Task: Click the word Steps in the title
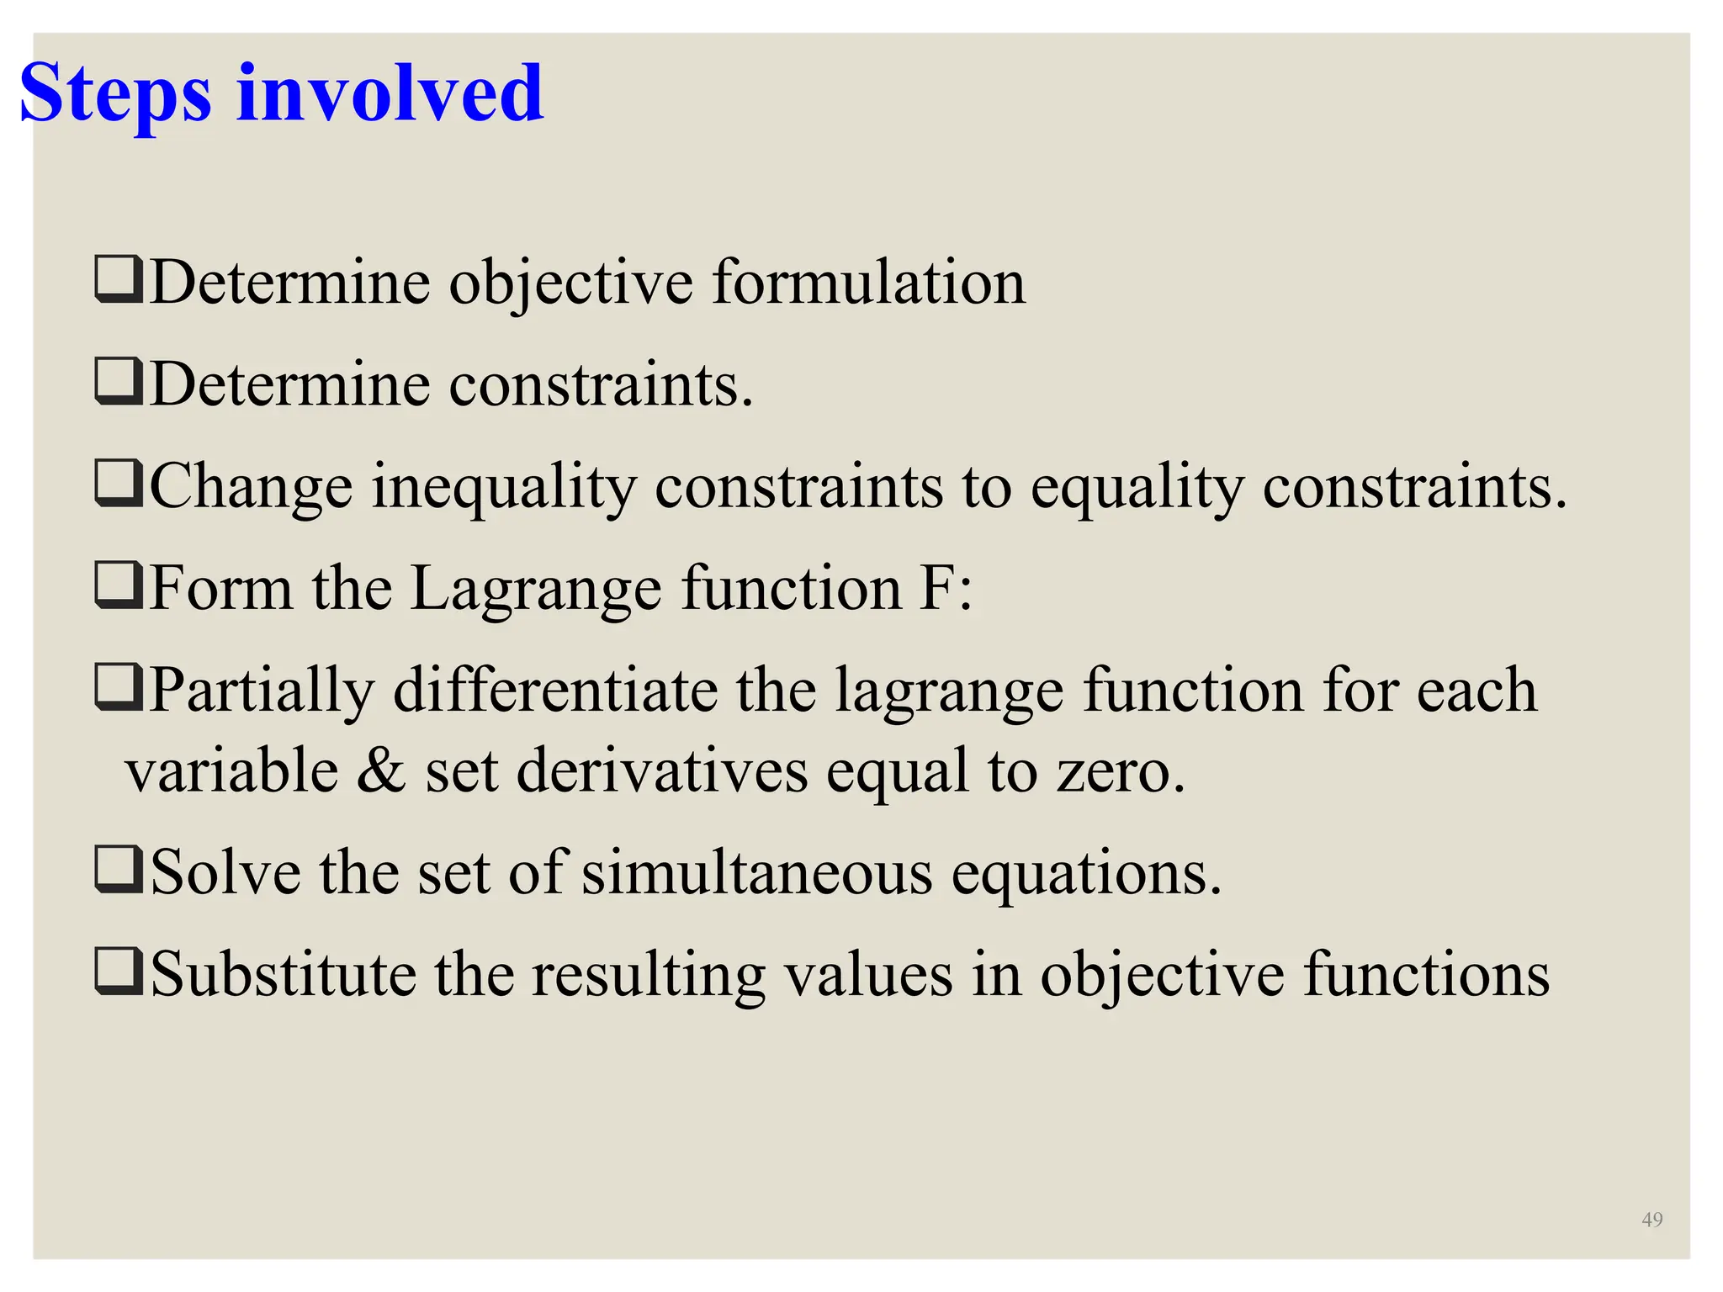click(x=114, y=94)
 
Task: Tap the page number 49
click(x=1651, y=1220)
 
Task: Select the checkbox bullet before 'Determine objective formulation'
click(x=119, y=281)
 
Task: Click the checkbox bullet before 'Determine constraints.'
click(x=119, y=383)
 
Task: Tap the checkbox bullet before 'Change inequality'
click(x=119, y=485)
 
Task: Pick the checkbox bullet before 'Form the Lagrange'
click(x=119, y=586)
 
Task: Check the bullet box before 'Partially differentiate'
click(x=119, y=689)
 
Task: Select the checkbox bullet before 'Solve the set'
click(x=119, y=871)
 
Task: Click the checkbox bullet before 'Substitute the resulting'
click(x=119, y=973)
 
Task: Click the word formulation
click(x=869, y=283)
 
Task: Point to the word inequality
click(x=504, y=489)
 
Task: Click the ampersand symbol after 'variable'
click(x=381, y=770)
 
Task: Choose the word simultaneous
click(x=757, y=873)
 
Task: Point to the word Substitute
click(x=283, y=975)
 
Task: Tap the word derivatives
click(x=661, y=770)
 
